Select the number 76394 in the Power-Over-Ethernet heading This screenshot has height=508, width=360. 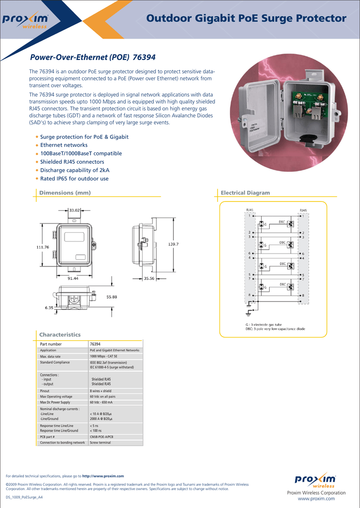[x=144, y=58]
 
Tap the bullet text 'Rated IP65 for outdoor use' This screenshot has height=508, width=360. [x=74, y=179]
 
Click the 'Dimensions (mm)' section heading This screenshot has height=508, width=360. [x=65, y=192]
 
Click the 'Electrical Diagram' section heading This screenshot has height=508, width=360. [x=245, y=192]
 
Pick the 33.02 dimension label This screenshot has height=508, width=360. [x=75, y=210]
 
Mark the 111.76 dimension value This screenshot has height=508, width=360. [x=43, y=247]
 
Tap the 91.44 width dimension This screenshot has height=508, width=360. [x=73, y=279]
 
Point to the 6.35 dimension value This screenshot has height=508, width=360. [x=49, y=308]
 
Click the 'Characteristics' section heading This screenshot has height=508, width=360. [x=60, y=335]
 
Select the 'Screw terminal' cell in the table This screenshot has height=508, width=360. [x=100, y=443]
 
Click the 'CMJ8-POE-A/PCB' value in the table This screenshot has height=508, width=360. [x=104, y=437]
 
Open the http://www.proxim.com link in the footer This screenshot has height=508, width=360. [x=103, y=476]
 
